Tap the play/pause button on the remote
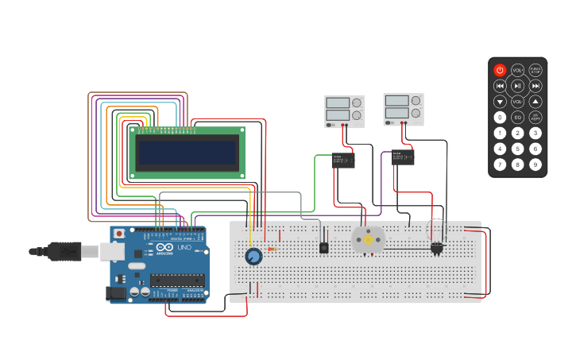(x=517, y=86)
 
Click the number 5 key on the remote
(x=517, y=149)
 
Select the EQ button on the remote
(x=517, y=118)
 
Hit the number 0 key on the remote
(x=500, y=118)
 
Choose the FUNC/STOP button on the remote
(x=535, y=70)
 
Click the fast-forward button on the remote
(x=535, y=86)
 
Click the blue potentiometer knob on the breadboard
(x=253, y=256)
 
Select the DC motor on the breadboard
(x=368, y=239)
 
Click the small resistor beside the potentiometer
(x=273, y=249)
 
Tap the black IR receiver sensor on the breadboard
(x=324, y=248)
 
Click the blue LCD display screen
(x=187, y=152)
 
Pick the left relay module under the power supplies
(x=343, y=160)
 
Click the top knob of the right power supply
(x=416, y=101)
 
